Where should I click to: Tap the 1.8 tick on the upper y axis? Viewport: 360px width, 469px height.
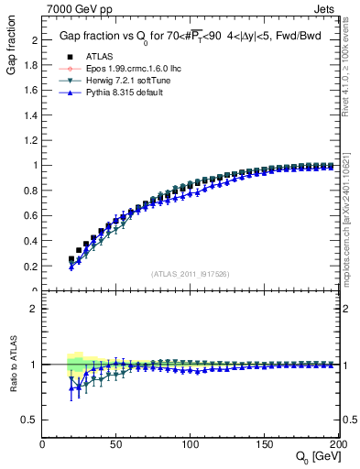(32, 65)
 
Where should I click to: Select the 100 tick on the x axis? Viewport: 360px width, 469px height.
(190, 443)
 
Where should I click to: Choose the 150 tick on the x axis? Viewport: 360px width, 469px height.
(264, 443)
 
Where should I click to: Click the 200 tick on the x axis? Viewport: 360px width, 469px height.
(336, 443)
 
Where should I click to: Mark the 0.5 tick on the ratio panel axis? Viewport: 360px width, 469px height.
(32, 420)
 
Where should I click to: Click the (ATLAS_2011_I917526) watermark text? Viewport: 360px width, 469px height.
(191, 274)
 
